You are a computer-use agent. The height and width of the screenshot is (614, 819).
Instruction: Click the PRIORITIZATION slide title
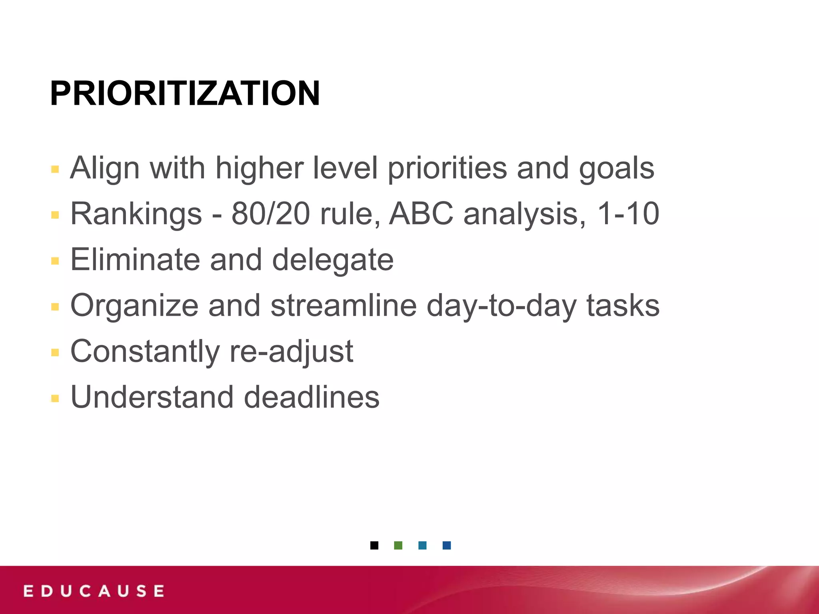(x=185, y=94)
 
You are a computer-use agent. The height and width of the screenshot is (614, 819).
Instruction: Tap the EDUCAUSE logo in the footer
(x=94, y=591)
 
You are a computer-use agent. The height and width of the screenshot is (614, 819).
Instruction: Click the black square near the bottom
(x=374, y=545)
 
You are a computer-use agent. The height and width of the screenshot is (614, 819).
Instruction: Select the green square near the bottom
(x=398, y=545)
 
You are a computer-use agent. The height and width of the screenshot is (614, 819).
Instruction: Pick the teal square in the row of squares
(x=422, y=545)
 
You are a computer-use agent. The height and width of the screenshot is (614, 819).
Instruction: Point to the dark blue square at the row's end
(x=447, y=545)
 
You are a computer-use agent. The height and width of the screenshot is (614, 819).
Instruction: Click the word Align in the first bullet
(x=105, y=168)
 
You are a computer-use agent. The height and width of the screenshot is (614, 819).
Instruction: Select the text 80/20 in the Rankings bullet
(x=271, y=214)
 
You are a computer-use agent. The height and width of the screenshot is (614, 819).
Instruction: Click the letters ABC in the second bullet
(x=421, y=214)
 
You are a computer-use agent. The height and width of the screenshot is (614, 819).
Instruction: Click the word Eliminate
(x=135, y=260)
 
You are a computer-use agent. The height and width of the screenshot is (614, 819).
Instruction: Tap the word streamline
(x=344, y=306)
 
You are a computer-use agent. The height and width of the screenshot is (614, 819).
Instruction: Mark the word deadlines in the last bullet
(x=312, y=397)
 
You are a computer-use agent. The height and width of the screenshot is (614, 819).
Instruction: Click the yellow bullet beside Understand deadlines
(x=55, y=399)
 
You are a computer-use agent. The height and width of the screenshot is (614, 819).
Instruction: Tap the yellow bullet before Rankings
(x=55, y=215)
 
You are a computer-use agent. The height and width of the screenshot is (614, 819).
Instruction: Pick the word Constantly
(x=145, y=352)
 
